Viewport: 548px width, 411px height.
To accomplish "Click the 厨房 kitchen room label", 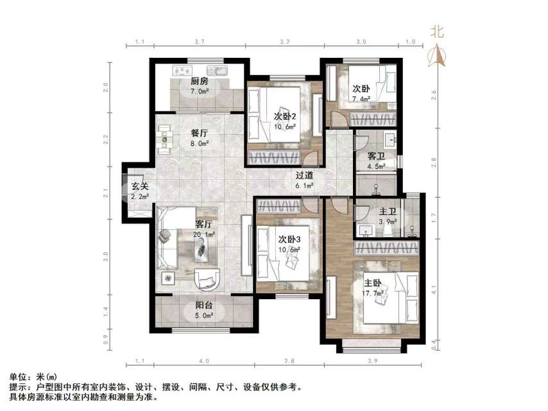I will [x=199, y=82].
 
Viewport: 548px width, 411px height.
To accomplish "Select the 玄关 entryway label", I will [x=140, y=186].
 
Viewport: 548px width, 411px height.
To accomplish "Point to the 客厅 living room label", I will [x=204, y=224].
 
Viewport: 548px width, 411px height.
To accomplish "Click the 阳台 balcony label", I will [x=204, y=306].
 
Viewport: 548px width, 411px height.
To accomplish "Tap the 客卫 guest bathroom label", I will [x=376, y=156].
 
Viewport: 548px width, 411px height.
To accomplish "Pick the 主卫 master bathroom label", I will [x=387, y=211].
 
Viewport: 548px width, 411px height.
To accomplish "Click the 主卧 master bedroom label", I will [x=373, y=283].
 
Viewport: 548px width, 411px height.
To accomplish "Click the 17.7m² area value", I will [x=373, y=293].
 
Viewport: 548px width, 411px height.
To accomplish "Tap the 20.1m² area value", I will [x=204, y=234].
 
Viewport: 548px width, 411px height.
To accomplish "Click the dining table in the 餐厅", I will [x=165, y=137].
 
